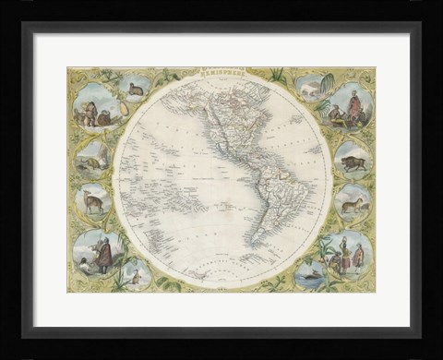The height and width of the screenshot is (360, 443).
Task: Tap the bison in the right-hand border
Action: (353, 162)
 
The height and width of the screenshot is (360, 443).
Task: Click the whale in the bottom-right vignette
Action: (310, 273)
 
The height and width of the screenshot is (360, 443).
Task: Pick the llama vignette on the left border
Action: (94, 200)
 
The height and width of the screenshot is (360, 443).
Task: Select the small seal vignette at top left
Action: (136, 88)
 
